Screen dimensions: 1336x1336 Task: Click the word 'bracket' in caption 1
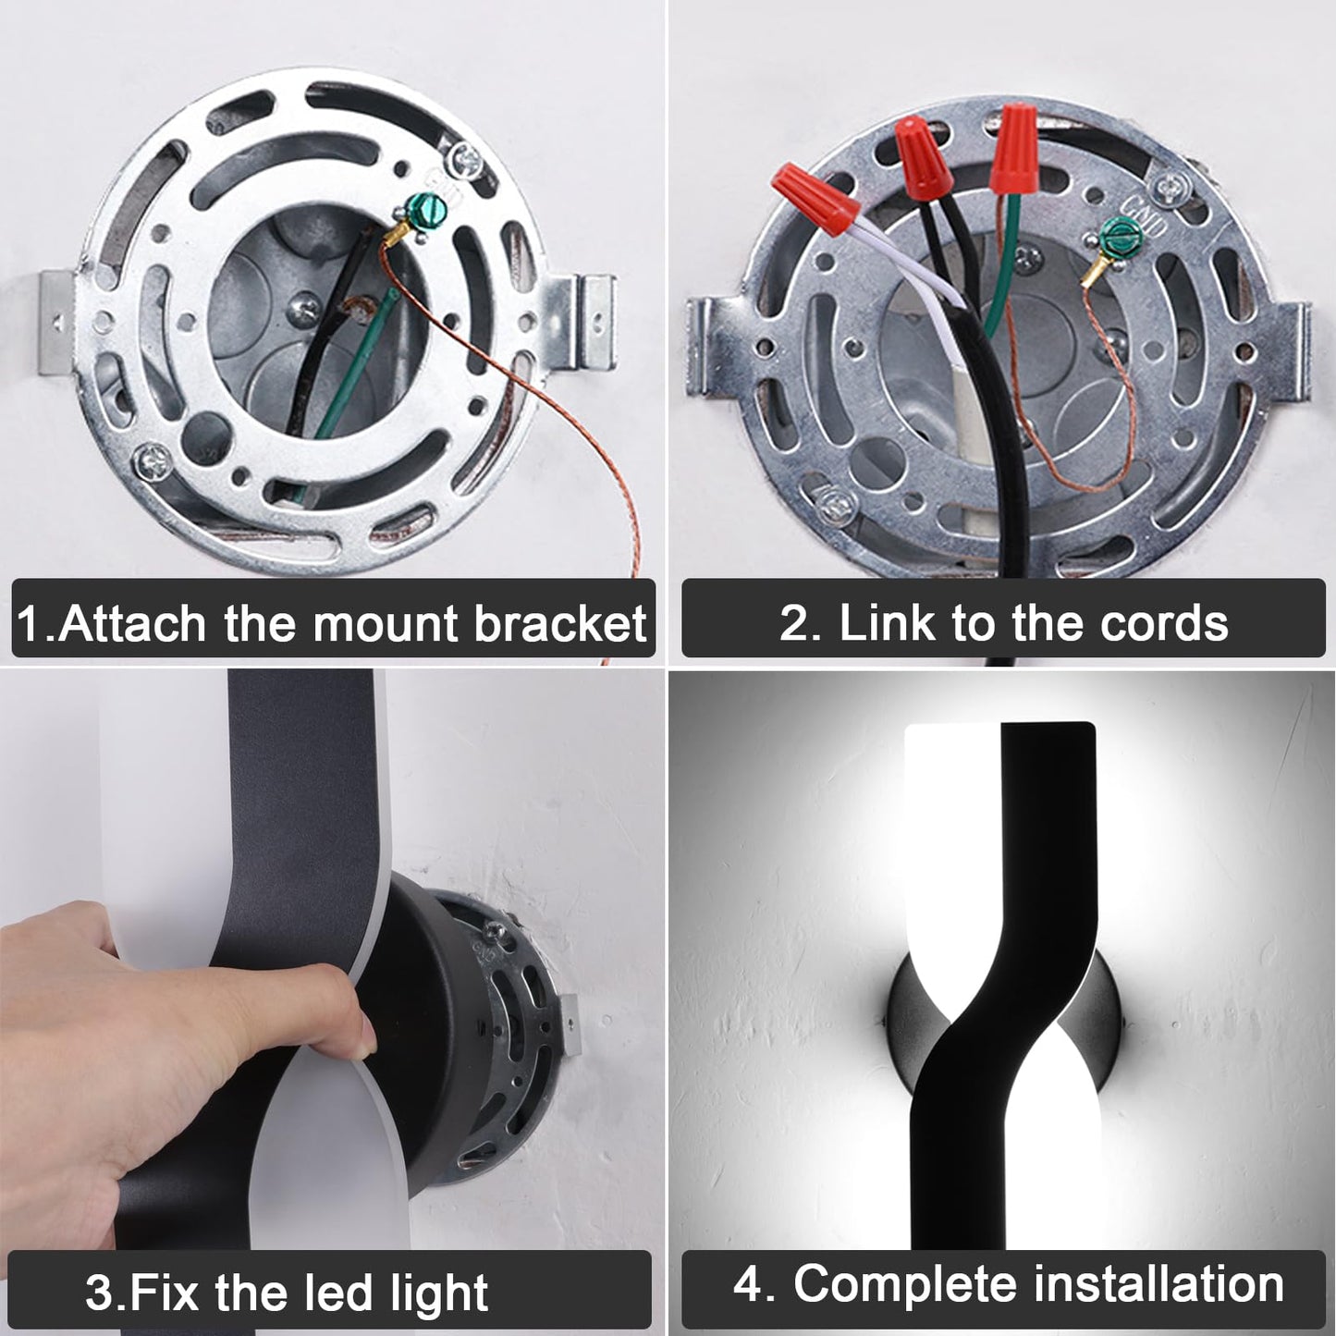[x=560, y=623]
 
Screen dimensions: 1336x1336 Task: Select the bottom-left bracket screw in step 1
[x=153, y=460]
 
